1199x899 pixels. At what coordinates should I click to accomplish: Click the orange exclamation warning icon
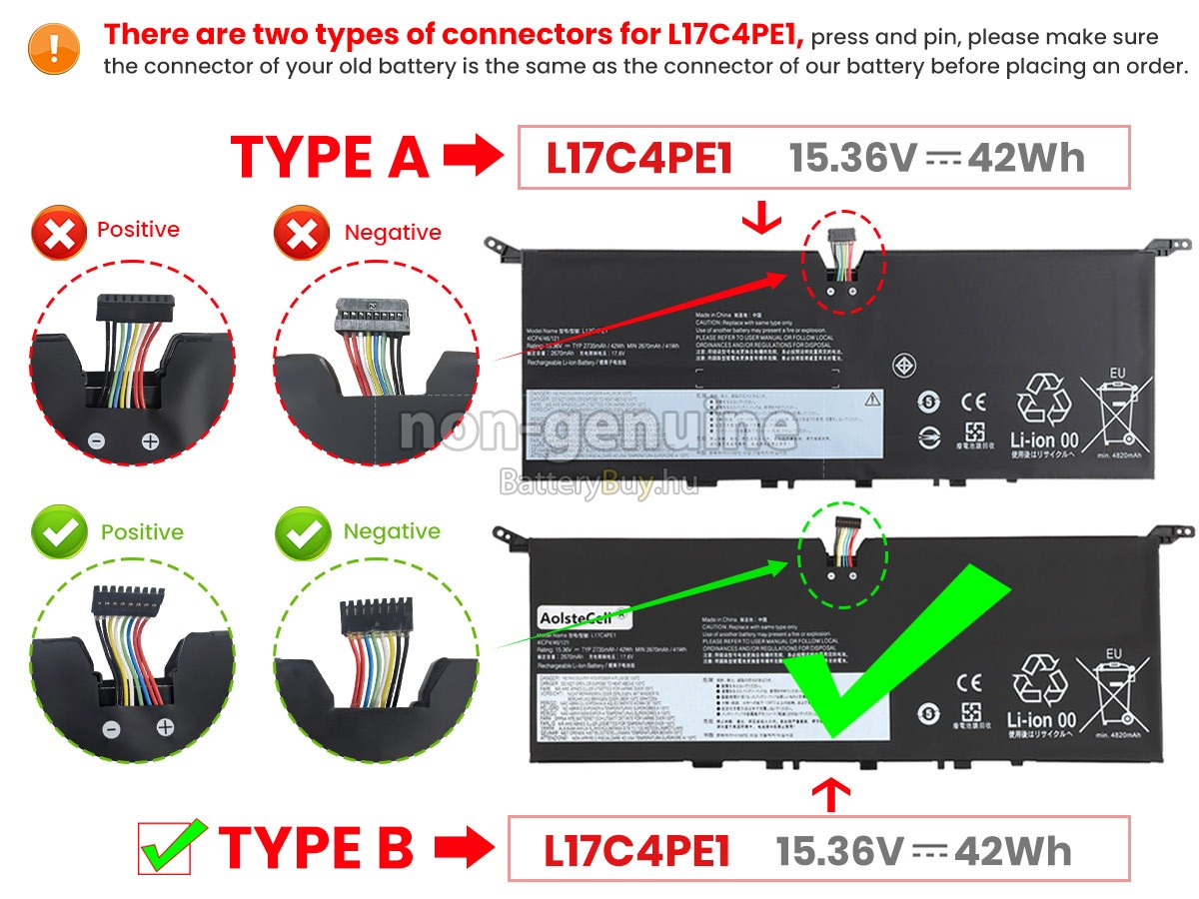tap(54, 46)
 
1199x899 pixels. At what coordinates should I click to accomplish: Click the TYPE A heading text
tap(330, 158)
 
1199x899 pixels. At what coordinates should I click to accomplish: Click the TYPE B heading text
tap(316, 847)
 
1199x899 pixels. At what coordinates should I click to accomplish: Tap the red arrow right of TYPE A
tap(473, 157)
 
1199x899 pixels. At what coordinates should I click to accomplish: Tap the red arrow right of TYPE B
tap(464, 849)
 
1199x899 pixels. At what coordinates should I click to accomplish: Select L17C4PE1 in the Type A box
tap(639, 158)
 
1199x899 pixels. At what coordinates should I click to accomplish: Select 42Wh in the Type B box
tap(1012, 850)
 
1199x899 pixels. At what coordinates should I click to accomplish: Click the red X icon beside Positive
tap(59, 234)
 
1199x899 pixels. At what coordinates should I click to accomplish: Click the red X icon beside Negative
tap(302, 235)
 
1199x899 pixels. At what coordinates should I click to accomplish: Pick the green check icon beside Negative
tap(303, 533)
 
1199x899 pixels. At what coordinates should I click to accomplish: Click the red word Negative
tap(393, 233)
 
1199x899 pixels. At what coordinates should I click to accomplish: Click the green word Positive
tap(142, 532)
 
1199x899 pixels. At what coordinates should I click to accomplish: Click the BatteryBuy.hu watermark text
tap(598, 485)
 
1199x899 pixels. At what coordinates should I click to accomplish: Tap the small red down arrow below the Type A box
tap(762, 218)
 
